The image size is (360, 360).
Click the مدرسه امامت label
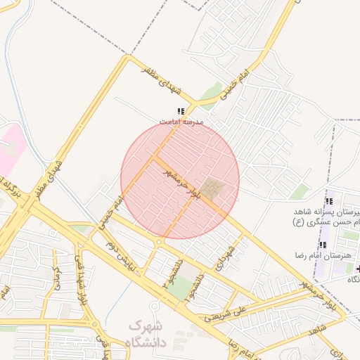[181, 122]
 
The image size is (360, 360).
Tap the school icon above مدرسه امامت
[181, 111]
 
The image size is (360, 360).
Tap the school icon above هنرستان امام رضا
[323, 244]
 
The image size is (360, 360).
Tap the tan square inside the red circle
[214, 188]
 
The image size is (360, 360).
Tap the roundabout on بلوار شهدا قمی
[78, 247]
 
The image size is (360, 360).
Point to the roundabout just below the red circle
[160, 243]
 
